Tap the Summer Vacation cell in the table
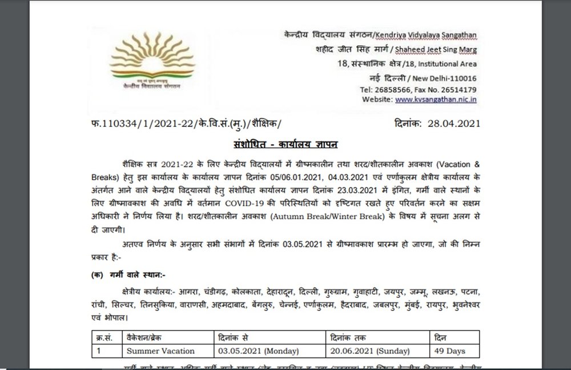[154, 351]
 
